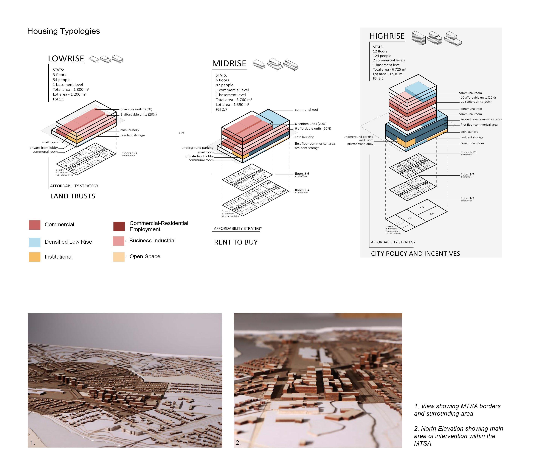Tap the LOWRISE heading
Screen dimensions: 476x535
click(x=66, y=59)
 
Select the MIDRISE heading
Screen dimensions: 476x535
click(x=229, y=64)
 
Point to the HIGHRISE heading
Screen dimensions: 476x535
click(x=387, y=36)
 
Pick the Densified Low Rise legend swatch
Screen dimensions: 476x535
click(x=35, y=242)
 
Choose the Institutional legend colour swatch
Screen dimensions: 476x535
click(x=35, y=257)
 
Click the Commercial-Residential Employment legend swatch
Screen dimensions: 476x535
click(x=119, y=226)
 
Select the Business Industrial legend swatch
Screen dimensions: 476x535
click(x=119, y=241)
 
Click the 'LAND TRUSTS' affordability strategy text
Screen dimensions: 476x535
click(x=73, y=196)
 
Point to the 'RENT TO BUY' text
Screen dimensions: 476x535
click(x=236, y=242)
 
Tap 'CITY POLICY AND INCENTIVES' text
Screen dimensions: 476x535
click(x=415, y=253)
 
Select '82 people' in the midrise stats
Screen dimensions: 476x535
click(x=224, y=85)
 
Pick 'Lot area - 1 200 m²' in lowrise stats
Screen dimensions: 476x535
click(x=69, y=94)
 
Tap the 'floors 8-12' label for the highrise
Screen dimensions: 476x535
click(x=468, y=152)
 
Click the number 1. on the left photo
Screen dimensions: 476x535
click(x=33, y=443)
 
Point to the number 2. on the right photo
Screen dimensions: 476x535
click(x=238, y=443)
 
